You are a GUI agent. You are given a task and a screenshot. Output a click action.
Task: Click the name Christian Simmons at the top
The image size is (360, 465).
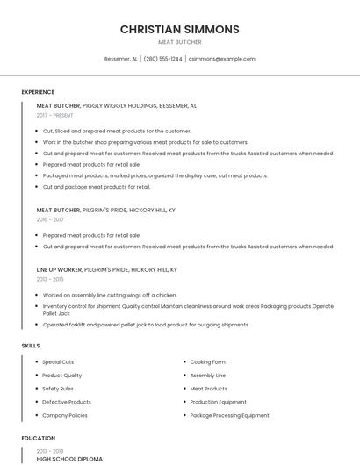coord(179,29)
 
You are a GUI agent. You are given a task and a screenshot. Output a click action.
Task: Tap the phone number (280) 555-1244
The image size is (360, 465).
coord(162,59)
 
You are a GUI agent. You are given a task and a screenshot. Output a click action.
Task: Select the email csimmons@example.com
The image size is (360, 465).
coord(221,59)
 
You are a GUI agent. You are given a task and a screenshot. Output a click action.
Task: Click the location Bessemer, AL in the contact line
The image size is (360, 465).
coord(121,59)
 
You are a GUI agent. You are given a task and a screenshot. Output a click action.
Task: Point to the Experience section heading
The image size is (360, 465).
coord(38,92)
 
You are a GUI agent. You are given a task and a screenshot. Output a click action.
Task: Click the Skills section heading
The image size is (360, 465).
coord(31,346)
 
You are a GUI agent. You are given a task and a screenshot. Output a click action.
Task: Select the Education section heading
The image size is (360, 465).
coord(38,438)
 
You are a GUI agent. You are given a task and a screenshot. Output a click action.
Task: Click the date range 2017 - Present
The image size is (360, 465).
coord(54,115)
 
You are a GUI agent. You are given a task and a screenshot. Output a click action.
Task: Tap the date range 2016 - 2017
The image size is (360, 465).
coord(50,219)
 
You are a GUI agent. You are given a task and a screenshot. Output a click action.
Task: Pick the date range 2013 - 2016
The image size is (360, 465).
coord(50,279)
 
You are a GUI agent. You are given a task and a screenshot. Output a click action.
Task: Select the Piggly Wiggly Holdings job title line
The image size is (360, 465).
coord(116,105)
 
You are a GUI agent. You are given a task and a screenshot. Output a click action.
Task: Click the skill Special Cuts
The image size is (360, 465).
coord(58,362)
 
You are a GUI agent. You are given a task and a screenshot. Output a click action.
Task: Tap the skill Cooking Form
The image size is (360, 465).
coord(207,362)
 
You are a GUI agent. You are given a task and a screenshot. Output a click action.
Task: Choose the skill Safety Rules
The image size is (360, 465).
coord(58,389)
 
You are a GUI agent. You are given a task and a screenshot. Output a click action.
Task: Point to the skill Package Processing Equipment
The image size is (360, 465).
coord(229,415)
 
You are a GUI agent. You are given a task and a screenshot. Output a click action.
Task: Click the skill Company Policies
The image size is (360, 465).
coord(65,415)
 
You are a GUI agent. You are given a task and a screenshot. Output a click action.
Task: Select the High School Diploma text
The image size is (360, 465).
coord(69,459)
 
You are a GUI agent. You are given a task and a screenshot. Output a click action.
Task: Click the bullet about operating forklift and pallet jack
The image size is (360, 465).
coord(146,325)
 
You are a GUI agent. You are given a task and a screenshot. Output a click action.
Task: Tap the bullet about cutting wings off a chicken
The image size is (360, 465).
coord(110,296)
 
